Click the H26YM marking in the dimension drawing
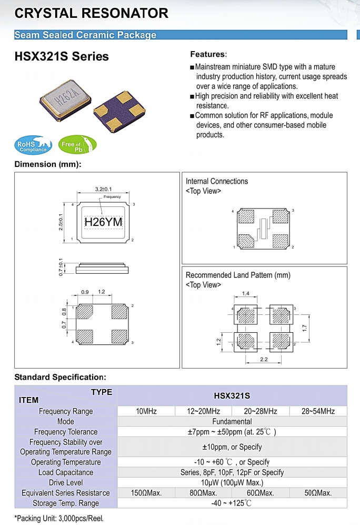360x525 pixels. (x=103, y=222)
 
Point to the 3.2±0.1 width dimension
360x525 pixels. (x=103, y=189)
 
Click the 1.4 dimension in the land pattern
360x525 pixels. (x=245, y=293)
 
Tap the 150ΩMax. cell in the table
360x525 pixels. (x=146, y=493)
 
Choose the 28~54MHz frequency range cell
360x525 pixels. (x=318, y=411)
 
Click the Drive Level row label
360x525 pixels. (x=66, y=482)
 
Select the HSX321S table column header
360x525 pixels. (x=232, y=395)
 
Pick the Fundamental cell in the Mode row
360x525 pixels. (x=232, y=421)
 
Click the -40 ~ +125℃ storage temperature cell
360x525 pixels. (x=232, y=503)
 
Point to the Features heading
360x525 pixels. (x=208, y=55)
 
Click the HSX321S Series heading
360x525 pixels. (x=62, y=56)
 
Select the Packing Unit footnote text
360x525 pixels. (x=59, y=517)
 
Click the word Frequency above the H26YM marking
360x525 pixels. (x=112, y=197)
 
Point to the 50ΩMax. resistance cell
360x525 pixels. (x=318, y=493)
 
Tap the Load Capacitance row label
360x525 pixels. (x=66, y=472)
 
